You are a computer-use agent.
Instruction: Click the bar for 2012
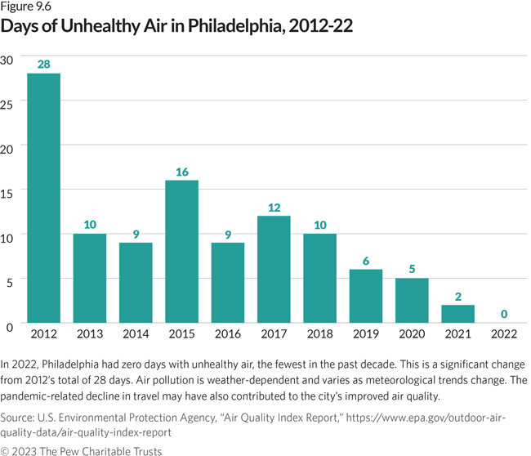click(x=43, y=199)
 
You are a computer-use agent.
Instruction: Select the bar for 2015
click(x=181, y=251)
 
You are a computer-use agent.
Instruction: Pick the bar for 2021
click(x=458, y=314)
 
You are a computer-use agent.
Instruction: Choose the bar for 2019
click(x=366, y=296)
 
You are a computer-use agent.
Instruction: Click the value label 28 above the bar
click(x=43, y=64)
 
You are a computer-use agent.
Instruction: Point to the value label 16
click(x=181, y=172)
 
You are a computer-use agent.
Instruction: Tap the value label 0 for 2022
click(x=504, y=315)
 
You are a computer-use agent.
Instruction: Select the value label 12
click(x=274, y=207)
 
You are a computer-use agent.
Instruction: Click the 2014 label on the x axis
click(x=136, y=335)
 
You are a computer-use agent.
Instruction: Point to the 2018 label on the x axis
click(x=320, y=335)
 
